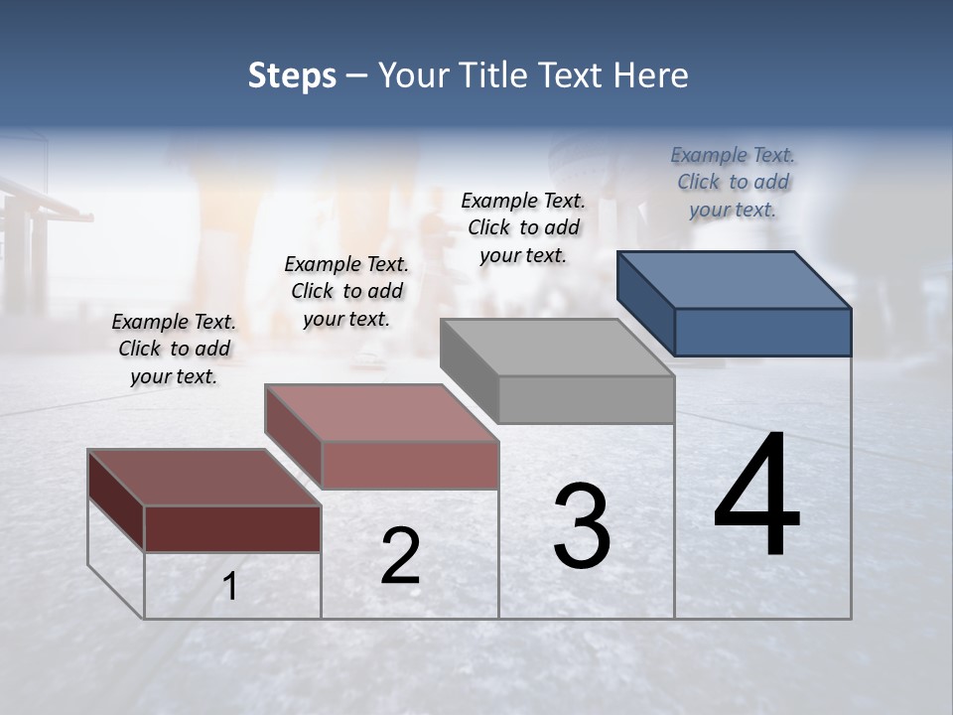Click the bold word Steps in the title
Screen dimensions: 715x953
click(x=292, y=75)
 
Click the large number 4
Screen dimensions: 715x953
click(x=756, y=496)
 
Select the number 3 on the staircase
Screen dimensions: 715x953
click(x=582, y=526)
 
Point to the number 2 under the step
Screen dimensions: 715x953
click(x=400, y=556)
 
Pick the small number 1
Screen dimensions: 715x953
click(x=230, y=587)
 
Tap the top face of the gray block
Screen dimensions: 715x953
click(x=557, y=348)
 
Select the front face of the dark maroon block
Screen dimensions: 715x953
click(x=232, y=528)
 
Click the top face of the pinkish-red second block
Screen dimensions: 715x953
click(x=381, y=413)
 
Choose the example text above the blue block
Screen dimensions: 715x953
click(x=733, y=182)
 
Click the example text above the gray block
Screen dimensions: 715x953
click(x=523, y=227)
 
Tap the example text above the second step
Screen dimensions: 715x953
click(x=346, y=291)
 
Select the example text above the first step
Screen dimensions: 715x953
click(x=174, y=349)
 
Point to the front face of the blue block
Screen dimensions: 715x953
click(x=762, y=332)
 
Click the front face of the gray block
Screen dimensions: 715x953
click(x=586, y=399)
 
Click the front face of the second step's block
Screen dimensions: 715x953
click(x=410, y=465)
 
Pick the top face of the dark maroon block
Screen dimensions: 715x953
click(x=204, y=478)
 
